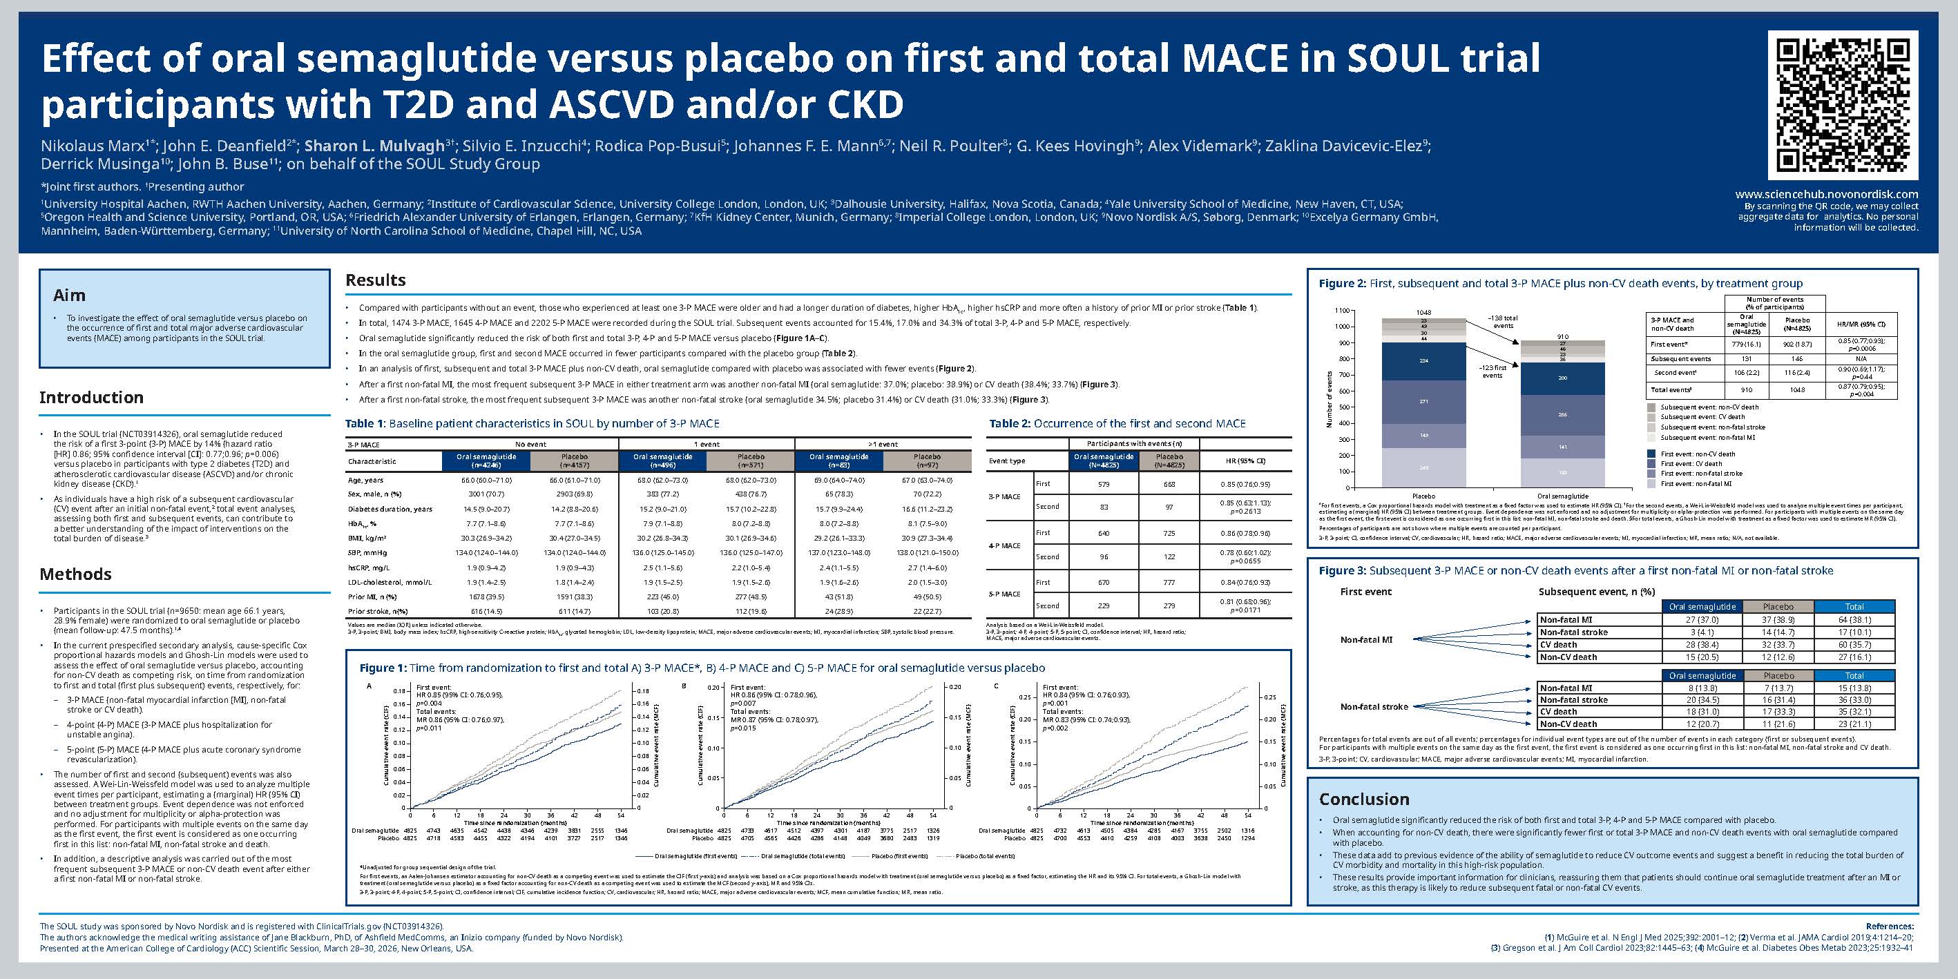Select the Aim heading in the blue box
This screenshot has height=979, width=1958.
69,295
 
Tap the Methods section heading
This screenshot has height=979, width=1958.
75,574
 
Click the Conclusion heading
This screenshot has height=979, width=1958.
1363,799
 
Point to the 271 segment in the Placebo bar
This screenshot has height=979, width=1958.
1423,401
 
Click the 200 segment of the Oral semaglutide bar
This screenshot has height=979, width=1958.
1562,378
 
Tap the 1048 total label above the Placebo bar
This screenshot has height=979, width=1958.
1423,312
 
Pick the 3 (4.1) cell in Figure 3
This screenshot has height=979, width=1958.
1702,632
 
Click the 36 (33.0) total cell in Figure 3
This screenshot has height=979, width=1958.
1854,700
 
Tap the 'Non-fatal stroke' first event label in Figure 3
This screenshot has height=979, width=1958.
1374,706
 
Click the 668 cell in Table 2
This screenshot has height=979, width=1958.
1169,484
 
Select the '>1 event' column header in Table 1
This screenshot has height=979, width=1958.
883,444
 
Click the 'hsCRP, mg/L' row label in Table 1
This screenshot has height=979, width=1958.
369,567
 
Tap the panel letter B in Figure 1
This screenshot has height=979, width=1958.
684,686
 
